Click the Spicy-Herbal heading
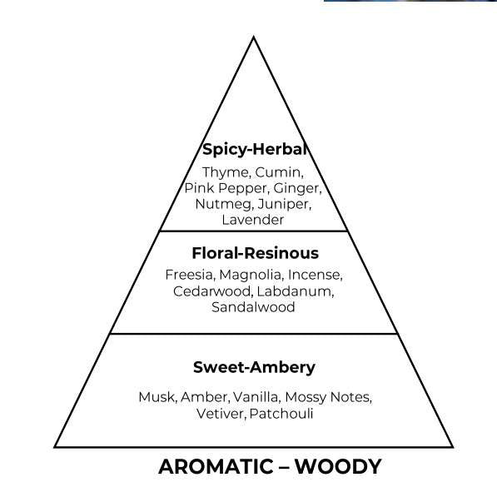(255, 149)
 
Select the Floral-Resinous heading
(255, 253)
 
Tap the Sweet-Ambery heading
(254, 368)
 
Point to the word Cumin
(279, 172)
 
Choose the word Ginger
(297, 189)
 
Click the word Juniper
(285, 205)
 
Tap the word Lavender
(252, 220)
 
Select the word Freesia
(190, 275)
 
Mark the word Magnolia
(251, 276)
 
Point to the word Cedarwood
(213, 291)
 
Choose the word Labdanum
(296, 291)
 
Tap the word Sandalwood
(253, 307)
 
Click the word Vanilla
(256, 397)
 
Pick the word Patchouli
(281, 414)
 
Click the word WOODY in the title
(338, 466)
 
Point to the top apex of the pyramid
(254, 37)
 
